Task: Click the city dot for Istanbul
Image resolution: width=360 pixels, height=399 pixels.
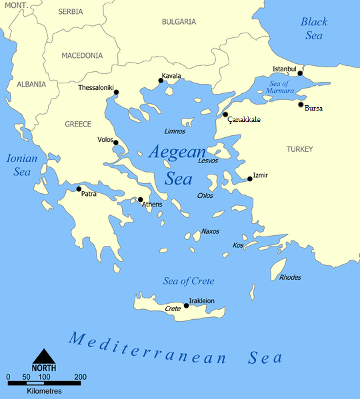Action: pos(300,73)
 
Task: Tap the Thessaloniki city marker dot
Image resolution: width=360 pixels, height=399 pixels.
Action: pos(117,92)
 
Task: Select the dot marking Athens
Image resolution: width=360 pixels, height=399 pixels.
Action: pos(141,199)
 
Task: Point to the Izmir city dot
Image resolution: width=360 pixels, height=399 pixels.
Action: pos(250,179)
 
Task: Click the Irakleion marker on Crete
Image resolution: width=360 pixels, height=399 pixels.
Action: pos(186,306)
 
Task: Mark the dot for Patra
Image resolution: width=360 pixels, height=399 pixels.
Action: pos(79,189)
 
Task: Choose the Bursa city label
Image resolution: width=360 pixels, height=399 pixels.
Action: pos(313,109)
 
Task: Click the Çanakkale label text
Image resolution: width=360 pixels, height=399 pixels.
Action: pos(244,120)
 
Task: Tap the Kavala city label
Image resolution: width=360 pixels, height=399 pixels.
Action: pos(171,76)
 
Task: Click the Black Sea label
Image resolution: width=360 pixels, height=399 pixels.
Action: pos(313,29)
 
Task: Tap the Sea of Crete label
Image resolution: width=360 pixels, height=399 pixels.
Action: pos(189,280)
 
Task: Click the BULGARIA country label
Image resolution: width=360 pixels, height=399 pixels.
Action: pos(179,21)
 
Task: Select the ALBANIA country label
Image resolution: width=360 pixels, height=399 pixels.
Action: pos(31,85)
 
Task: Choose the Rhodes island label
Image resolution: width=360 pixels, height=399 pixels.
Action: pos(290,277)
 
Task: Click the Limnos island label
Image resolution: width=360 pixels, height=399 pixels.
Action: pos(175,131)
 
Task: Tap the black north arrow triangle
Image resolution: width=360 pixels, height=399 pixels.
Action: pos(44,356)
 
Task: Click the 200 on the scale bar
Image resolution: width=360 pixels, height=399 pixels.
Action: pos(81,377)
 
